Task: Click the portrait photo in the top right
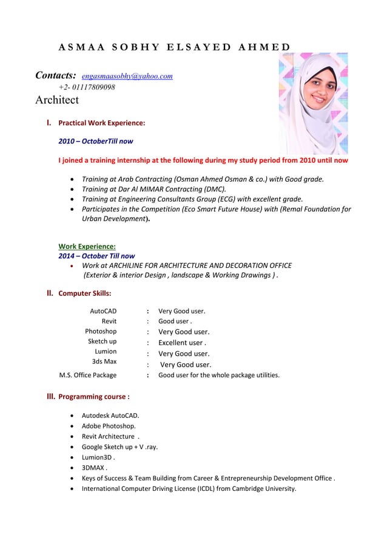click(x=312, y=103)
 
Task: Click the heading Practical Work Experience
click(x=101, y=123)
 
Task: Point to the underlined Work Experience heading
click(x=87, y=247)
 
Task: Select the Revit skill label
click(x=109, y=321)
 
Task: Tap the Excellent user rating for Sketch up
click(x=183, y=343)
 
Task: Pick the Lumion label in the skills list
click(x=106, y=352)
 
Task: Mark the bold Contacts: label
click(x=56, y=76)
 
